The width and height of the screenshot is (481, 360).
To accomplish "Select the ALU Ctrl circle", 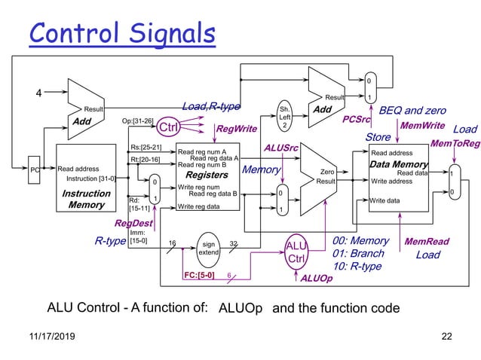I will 296,252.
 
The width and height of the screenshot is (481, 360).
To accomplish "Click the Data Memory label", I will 399,163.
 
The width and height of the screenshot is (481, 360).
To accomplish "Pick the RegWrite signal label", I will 236,129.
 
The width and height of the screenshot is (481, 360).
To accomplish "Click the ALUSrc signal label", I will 280,148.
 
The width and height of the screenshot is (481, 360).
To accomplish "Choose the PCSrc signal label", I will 356,119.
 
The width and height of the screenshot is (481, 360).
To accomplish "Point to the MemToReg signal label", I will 455,143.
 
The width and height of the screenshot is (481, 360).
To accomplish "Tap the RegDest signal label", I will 133,223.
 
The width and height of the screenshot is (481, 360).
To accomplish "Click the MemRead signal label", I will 427,242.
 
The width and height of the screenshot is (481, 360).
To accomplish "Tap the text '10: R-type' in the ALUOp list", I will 357,267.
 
